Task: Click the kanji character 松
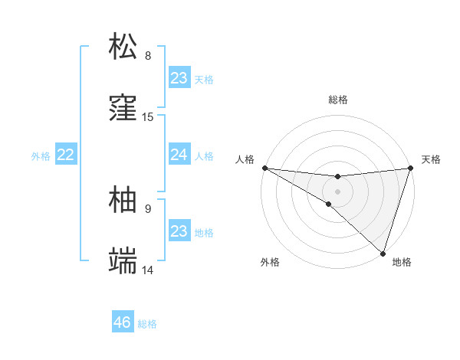(x=123, y=46)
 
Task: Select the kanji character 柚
(x=123, y=199)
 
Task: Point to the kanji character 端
(x=123, y=261)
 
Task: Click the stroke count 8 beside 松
(x=148, y=55)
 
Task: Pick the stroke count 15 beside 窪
(x=148, y=117)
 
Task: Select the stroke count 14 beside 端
(x=148, y=270)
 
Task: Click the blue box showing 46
(x=123, y=322)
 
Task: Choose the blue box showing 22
(x=65, y=155)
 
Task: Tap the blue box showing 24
(x=179, y=155)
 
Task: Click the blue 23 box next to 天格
(x=179, y=77)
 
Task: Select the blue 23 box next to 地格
(x=179, y=231)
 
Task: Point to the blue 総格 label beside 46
(x=147, y=324)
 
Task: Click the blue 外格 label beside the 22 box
(x=41, y=156)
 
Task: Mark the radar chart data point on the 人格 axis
(x=264, y=167)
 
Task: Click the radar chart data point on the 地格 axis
(x=383, y=253)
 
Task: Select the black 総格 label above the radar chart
(x=338, y=100)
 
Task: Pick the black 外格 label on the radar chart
(x=270, y=262)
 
